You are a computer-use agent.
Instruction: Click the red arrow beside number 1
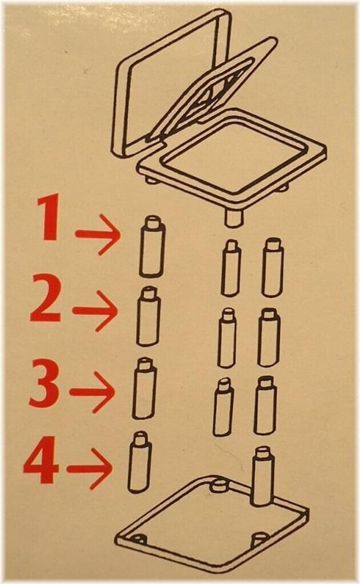[97, 234]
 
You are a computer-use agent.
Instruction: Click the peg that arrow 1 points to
[152, 246]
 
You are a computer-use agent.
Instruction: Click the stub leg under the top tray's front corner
[233, 218]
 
